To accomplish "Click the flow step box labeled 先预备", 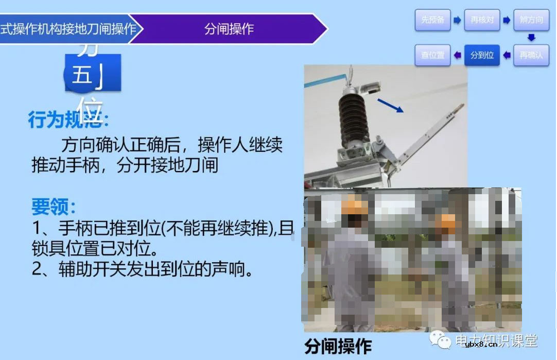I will coord(432,20).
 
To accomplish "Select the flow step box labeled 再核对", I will coord(482,20).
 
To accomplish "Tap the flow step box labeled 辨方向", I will coord(531,20).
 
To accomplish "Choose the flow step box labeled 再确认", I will coord(531,55).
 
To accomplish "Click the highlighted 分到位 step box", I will coord(482,55).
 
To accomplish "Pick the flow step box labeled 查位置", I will coord(432,55).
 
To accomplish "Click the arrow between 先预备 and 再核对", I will coord(457,20).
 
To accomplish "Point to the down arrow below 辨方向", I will coord(532,38).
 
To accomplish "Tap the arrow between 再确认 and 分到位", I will coord(507,55).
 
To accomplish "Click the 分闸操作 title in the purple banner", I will coord(229,29).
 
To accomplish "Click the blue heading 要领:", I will coord(54,207).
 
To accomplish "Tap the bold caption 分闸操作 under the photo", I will coord(338,346).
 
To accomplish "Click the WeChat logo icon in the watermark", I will coord(442,340).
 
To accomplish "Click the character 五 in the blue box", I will coord(81,76).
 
